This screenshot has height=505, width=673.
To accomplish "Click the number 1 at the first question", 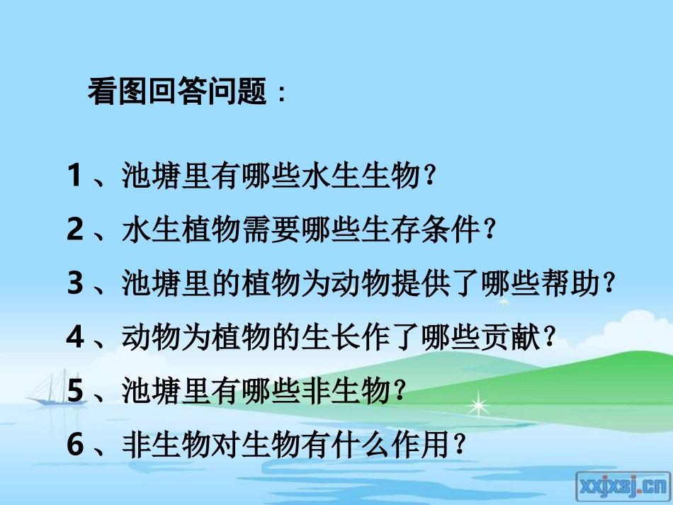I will click(76, 176).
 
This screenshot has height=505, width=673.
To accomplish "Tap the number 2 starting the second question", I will click(76, 229).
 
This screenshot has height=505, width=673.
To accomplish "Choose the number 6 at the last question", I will click(76, 445).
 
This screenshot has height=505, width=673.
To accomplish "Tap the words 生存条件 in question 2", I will click(421, 230).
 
